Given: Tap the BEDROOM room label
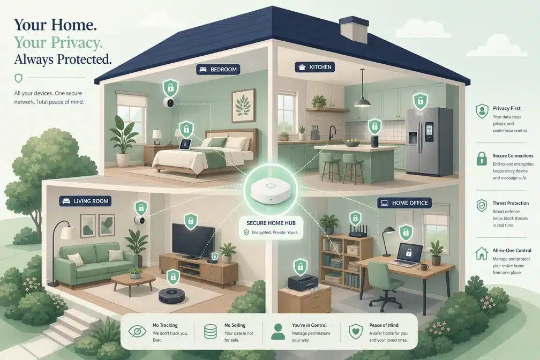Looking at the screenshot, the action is click(218, 69).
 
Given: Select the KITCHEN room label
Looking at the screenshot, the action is click(314, 67).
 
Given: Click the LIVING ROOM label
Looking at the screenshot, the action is click(85, 201).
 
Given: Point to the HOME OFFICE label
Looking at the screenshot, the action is click(404, 203).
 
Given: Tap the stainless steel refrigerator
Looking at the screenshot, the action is click(428, 141).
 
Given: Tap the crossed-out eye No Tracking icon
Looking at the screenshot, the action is click(137, 332).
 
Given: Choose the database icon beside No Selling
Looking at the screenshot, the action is click(210, 332).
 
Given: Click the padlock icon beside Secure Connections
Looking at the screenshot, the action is click(482, 159).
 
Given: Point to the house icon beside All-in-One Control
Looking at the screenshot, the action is click(482, 253).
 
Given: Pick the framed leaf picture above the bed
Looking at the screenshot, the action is click(243, 106).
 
